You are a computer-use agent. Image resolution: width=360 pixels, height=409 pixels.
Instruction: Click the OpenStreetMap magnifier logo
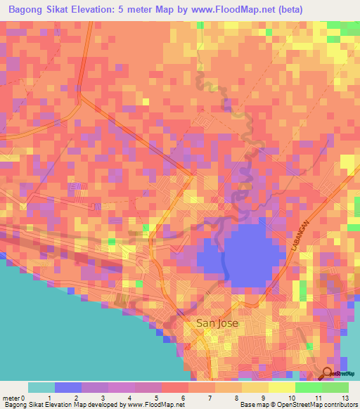[x=328, y=374]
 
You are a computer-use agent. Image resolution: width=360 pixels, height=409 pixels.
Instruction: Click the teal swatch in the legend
[x=41, y=387]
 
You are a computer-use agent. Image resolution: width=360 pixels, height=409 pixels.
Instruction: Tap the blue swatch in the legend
[x=68, y=387]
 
